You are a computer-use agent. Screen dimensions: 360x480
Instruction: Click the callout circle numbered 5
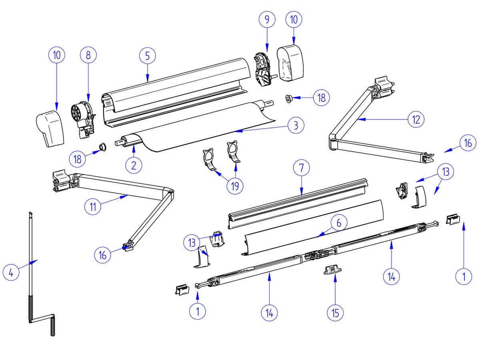[148, 56]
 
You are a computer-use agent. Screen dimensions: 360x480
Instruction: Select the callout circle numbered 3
[296, 126]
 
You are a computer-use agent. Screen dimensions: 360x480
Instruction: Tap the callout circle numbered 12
[416, 119]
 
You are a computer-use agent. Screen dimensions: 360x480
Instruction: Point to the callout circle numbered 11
[92, 206]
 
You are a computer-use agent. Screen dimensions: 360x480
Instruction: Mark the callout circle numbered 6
[338, 223]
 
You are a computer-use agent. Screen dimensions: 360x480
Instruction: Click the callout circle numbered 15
[335, 312]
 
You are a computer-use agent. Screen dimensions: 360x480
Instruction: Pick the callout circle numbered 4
[11, 273]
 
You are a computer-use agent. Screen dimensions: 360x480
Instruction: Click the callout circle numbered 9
[267, 20]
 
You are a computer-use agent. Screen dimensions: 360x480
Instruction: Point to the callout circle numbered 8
[88, 56]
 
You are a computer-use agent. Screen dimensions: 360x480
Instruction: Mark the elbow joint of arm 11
[170, 194]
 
